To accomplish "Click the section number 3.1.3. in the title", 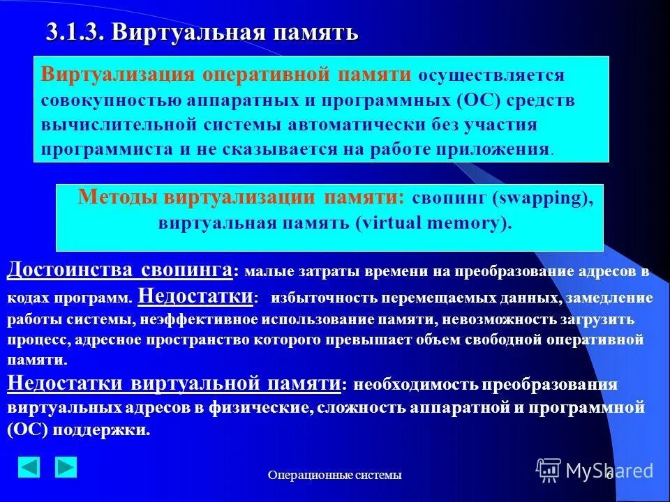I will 75,32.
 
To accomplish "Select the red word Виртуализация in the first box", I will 117,75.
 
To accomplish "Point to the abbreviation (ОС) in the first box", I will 480,100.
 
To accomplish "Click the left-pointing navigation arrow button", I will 29,467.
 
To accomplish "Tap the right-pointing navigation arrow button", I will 66,467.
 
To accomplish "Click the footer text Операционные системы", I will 335,476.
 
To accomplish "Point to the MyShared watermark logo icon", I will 549,470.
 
